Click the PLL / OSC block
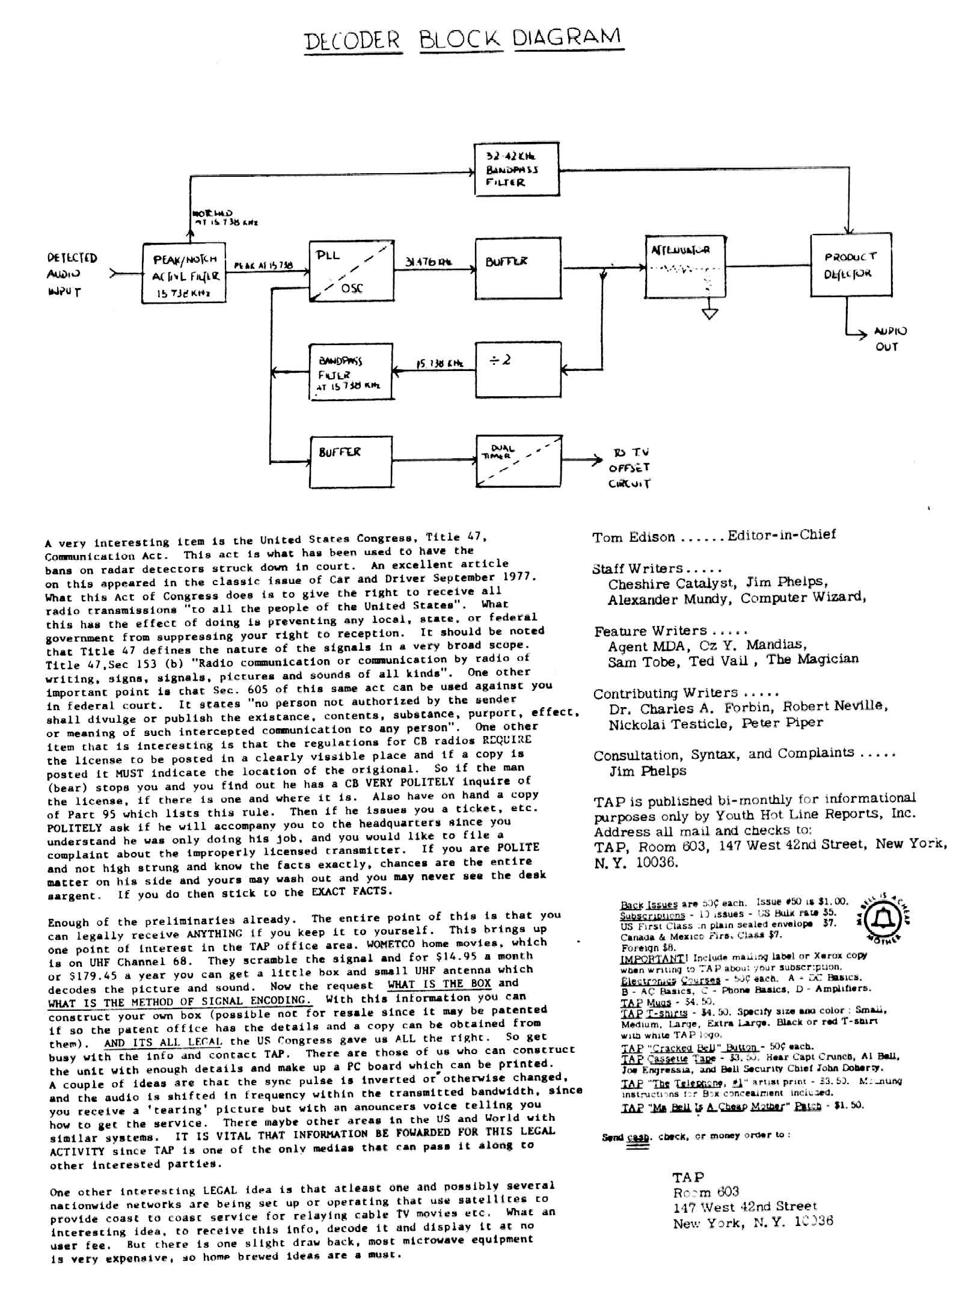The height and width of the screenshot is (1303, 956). click(351, 271)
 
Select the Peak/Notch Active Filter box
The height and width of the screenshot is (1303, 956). click(183, 274)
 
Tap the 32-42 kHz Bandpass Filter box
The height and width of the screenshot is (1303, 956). click(516, 170)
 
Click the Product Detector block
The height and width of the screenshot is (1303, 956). click(850, 265)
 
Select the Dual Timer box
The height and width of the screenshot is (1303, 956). click(519, 461)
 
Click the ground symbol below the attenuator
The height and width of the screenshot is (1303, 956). click(710, 313)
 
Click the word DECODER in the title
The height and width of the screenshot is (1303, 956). click(352, 41)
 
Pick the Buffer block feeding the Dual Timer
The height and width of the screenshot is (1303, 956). click(351, 461)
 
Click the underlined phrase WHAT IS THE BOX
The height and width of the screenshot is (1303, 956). click(439, 984)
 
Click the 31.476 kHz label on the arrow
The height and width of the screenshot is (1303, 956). click(428, 262)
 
